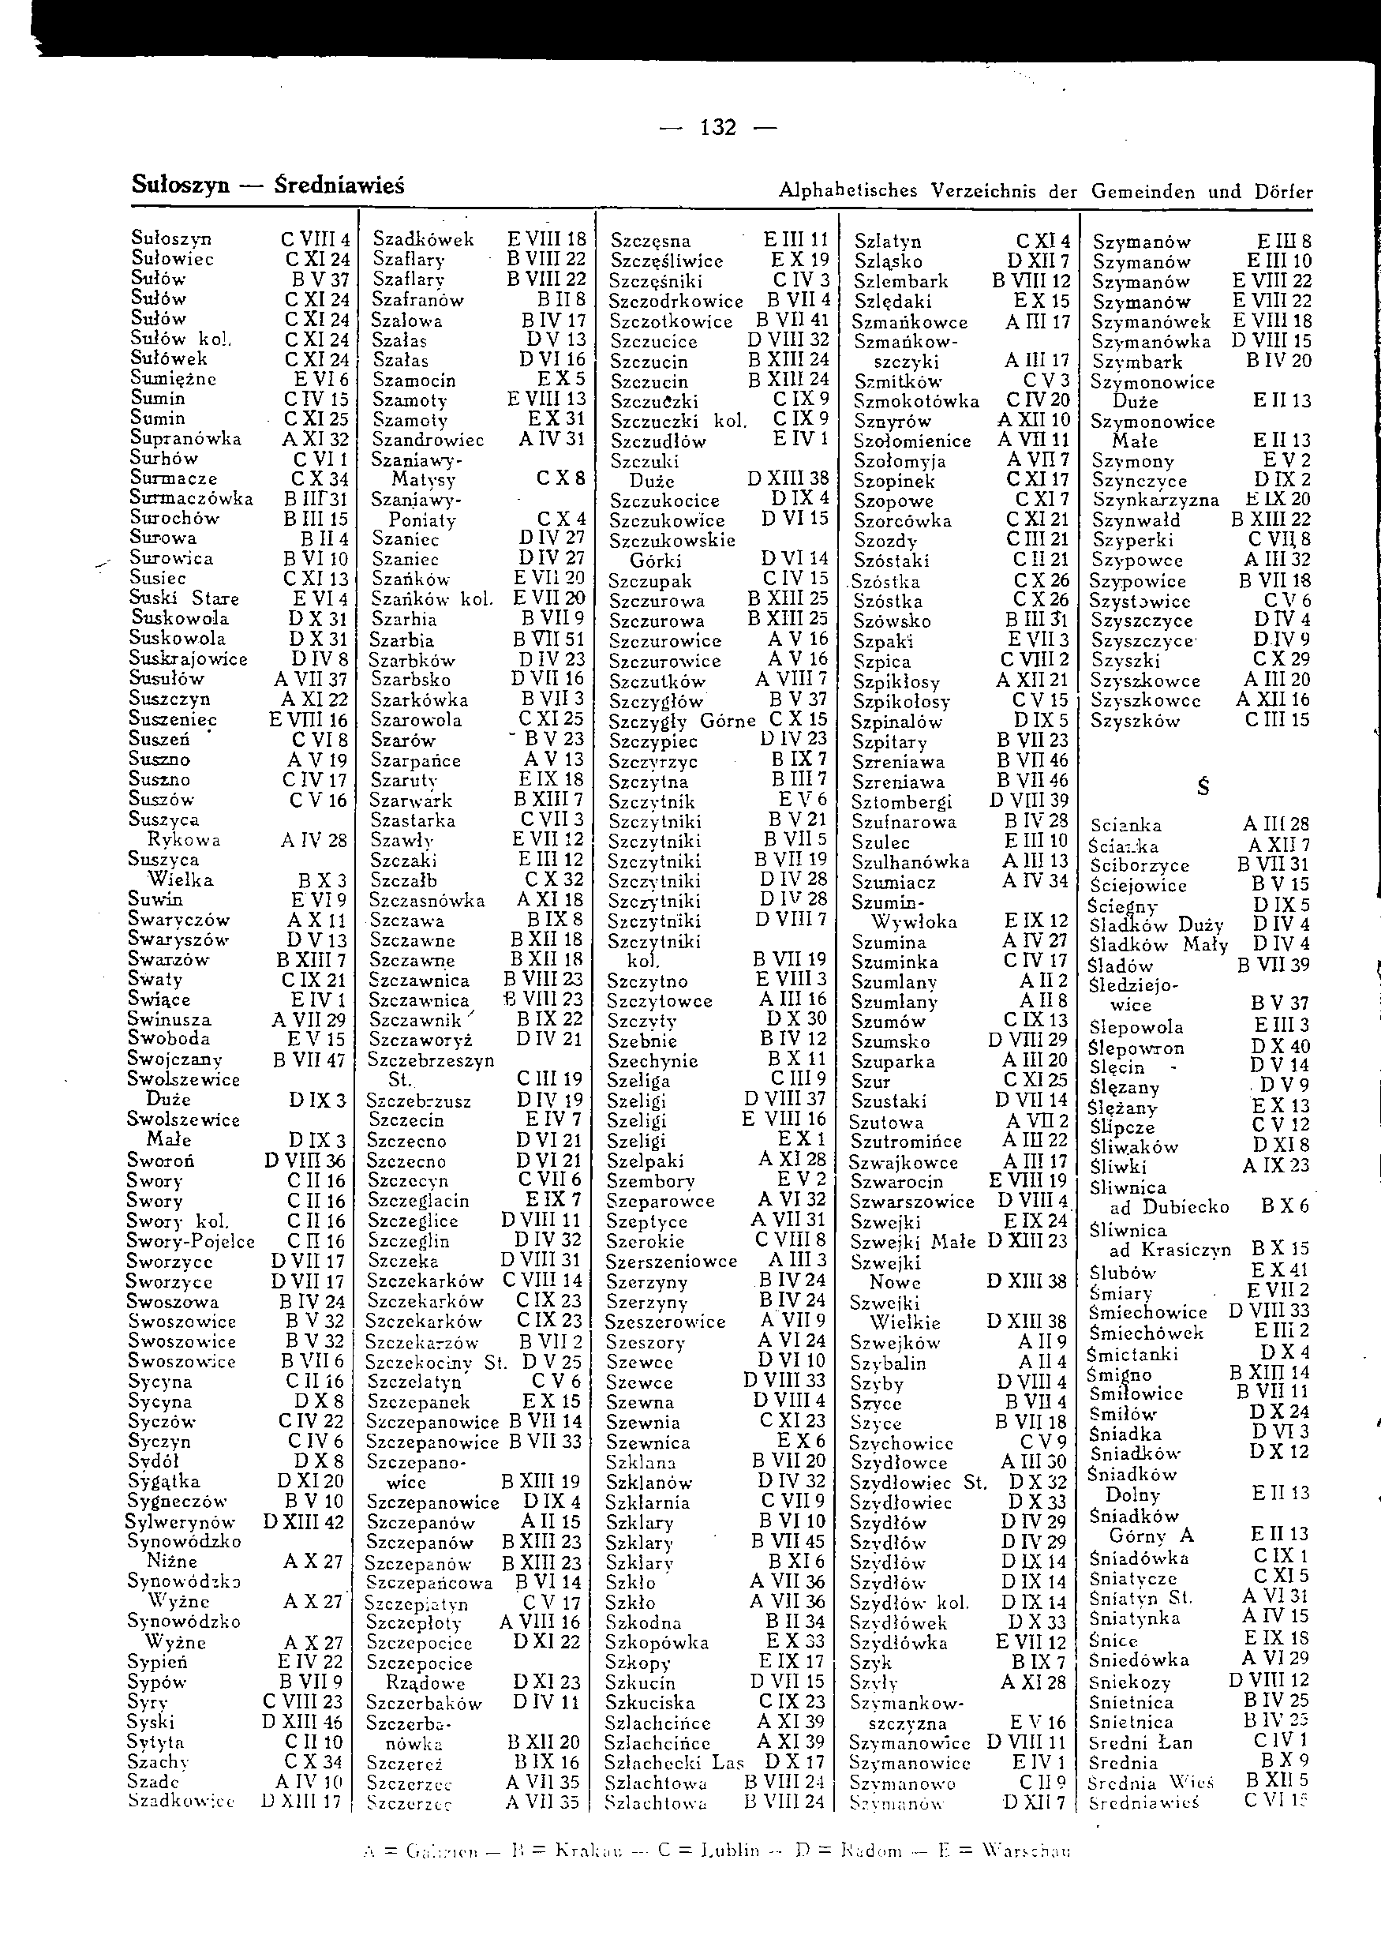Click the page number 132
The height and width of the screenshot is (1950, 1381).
click(x=717, y=128)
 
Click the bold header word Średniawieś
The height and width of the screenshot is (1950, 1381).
click(x=340, y=186)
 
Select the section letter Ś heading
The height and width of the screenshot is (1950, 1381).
click(x=1203, y=787)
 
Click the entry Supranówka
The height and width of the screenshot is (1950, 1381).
click(x=185, y=438)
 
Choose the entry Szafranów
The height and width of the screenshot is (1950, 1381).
click(x=418, y=300)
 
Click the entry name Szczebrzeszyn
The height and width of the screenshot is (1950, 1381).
click(x=430, y=1061)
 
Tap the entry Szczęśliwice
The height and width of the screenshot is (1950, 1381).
click(x=667, y=261)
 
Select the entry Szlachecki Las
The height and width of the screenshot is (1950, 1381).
click(x=673, y=1762)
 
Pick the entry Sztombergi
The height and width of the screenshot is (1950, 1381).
click(x=901, y=802)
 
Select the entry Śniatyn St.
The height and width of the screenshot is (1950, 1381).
click(x=1140, y=1597)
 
